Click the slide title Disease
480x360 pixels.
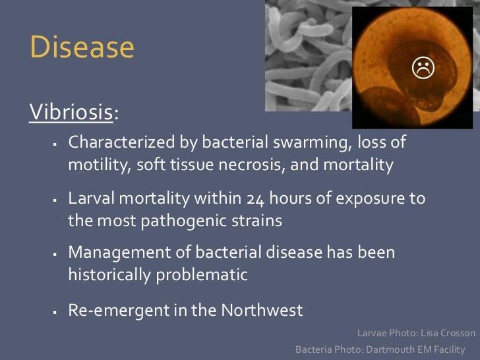click(82, 48)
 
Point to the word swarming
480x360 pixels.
click(316, 143)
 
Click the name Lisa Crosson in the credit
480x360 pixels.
click(446, 333)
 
